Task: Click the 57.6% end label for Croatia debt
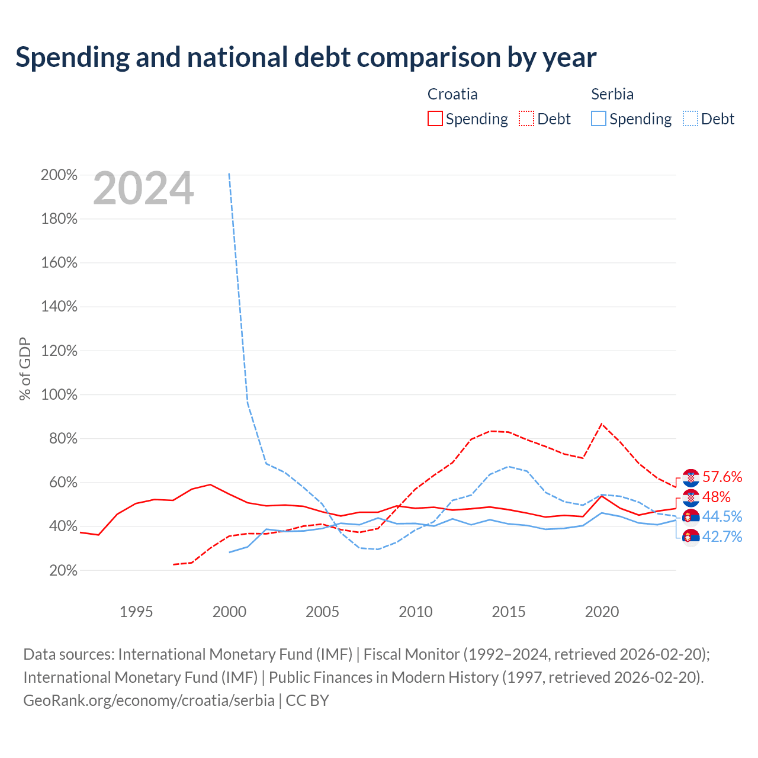click(x=722, y=477)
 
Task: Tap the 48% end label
click(x=717, y=497)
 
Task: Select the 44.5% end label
click(x=722, y=516)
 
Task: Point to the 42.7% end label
click(x=722, y=537)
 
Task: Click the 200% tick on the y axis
click(x=59, y=175)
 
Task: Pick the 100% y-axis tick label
click(x=59, y=394)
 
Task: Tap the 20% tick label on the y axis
click(x=63, y=570)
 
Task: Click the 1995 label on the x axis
click(x=136, y=612)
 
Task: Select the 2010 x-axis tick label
click(x=415, y=612)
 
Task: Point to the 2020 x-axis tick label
click(x=602, y=612)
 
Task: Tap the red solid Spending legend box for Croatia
click(x=435, y=118)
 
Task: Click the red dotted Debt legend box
click(x=526, y=118)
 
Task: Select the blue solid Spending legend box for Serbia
click(x=598, y=118)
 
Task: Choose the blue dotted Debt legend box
click(x=690, y=118)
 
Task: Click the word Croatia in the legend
click(x=452, y=94)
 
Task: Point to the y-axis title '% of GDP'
click(x=25, y=368)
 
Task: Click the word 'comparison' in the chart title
click(x=429, y=58)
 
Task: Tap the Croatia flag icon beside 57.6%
click(x=690, y=478)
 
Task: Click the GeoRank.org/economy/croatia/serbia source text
click(x=149, y=701)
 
